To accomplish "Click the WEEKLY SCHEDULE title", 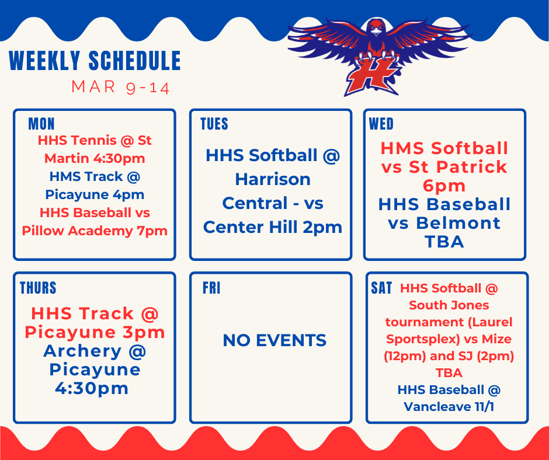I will point(95,61).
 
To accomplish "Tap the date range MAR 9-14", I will point(120,88).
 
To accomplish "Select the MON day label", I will point(41,124).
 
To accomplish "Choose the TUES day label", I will point(214,124).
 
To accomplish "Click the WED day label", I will point(381,124).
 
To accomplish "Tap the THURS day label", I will point(38,288).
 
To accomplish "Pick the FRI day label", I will point(211,288).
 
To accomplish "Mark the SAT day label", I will point(381,288).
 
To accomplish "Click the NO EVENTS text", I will point(274,340).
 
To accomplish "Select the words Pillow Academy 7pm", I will point(95,231).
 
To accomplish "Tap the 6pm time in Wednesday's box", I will point(444,186).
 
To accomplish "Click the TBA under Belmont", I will point(444,241).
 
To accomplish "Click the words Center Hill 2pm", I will point(272,227).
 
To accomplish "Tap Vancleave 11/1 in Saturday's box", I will point(449,406).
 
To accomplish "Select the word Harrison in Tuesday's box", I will point(272,179).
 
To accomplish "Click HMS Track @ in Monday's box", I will point(95,176).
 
